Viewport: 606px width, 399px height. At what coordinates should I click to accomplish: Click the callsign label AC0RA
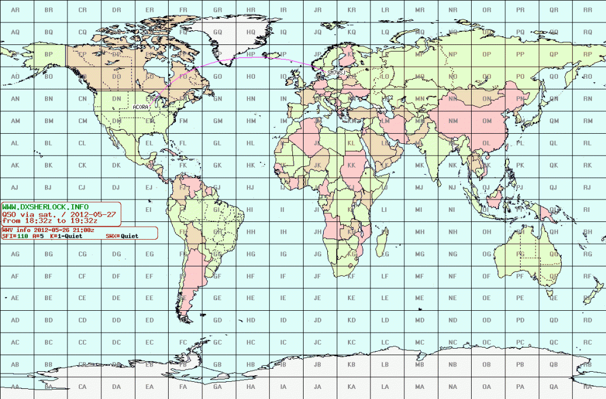pos(141,107)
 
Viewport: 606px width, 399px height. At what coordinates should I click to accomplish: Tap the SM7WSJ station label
pos(334,73)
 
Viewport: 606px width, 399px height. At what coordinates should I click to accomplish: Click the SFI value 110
pos(21,236)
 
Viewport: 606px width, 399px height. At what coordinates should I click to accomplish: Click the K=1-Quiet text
pos(65,236)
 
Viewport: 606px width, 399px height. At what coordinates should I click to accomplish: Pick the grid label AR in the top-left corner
pos(15,10)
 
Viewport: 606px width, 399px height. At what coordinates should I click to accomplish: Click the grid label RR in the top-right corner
pos(588,10)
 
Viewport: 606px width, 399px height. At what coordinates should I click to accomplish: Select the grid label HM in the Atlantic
pos(251,121)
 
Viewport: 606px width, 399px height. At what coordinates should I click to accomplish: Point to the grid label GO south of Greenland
pos(217,76)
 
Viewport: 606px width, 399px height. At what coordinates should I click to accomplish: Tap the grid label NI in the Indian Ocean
pos(453,210)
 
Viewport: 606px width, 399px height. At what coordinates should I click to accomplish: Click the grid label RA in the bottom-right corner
pos(588,387)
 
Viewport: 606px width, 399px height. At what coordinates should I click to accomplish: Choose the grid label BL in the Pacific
pos(49,143)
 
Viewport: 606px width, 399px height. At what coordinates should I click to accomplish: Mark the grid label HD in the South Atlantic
pos(251,320)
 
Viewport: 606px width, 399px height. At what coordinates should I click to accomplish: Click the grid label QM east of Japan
pos(554,121)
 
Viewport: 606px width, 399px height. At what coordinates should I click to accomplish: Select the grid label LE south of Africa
pos(385,298)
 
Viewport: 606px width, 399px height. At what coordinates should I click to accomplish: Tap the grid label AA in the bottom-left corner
pos(15,387)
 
